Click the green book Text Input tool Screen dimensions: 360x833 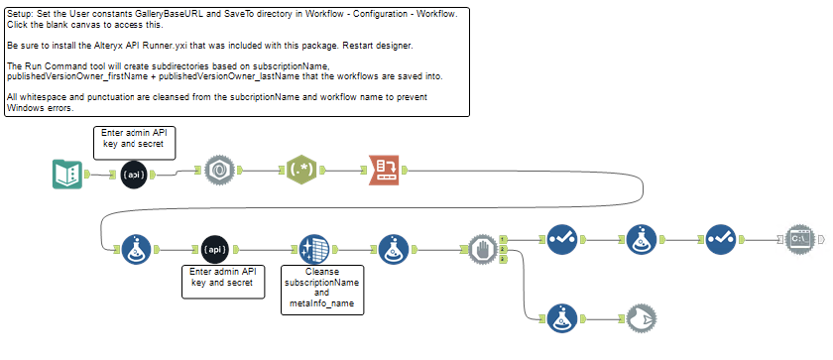click(x=66, y=174)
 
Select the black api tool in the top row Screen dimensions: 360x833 click(x=135, y=174)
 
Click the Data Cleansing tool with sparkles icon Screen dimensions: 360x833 click(x=313, y=248)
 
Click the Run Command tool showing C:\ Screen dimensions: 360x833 click(x=799, y=239)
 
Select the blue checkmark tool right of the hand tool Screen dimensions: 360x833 click(x=562, y=239)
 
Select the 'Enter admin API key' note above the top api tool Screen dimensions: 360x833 click(x=134, y=141)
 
